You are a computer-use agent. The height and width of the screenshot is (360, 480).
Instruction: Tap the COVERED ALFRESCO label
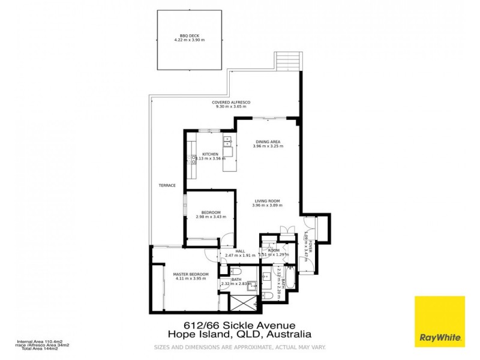[x=231, y=102]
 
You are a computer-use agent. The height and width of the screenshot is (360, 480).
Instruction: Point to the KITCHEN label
[x=209, y=154]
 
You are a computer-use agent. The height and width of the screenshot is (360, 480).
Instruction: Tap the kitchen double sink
[x=227, y=142]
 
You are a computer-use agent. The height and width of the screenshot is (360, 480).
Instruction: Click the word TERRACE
[x=167, y=185]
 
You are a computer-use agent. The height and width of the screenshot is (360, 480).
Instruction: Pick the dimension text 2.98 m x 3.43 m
[x=211, y=217]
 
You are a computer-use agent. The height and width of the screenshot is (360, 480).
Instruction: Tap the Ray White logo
[x=439, y=321]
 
